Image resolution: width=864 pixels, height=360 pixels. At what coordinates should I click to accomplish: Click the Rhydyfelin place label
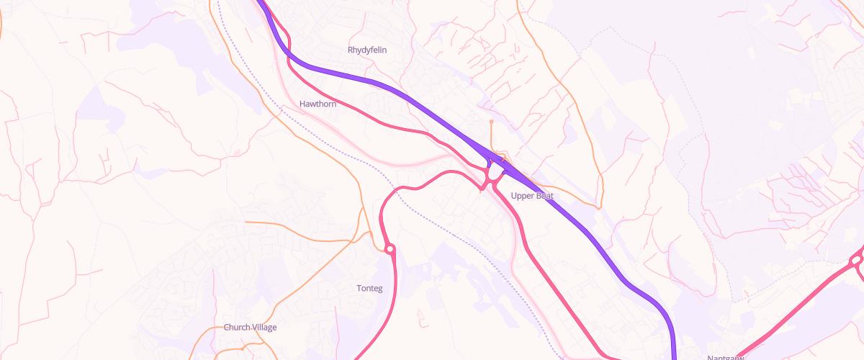click(x=369, y=50)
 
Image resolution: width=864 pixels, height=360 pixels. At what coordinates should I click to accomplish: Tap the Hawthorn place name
click(x=318, y=104)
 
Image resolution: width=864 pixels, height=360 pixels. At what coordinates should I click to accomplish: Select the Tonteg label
click(x=370, y=288)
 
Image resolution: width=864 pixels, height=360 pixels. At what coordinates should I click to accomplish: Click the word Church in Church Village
click(x=236, y=327)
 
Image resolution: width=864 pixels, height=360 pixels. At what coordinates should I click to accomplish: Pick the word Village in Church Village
click(x=264, y=327)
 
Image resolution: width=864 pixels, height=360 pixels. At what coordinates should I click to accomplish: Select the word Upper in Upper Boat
click(x=521, y=196)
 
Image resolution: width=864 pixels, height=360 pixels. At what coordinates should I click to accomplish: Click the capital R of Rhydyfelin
click(x=351, y=50)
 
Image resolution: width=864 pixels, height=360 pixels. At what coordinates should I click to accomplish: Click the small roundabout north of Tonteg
click(x=390, y=249)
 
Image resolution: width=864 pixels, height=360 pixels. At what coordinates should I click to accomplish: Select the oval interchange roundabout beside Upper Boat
click(x=493, y=174)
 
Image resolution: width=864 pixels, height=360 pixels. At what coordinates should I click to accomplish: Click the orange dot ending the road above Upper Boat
click(x=491, y=122)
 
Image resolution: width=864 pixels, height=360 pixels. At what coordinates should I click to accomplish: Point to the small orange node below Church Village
click(x=243, y=346)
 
